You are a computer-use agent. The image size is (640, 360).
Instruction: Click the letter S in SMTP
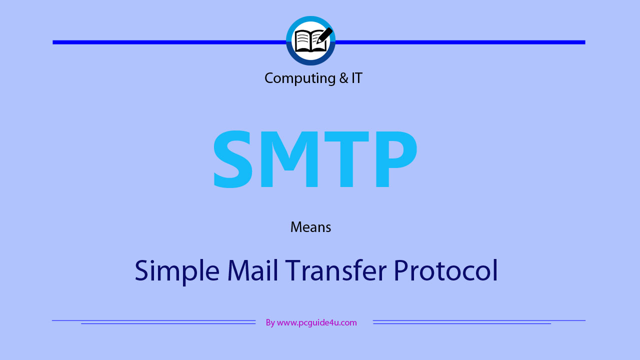[x=233, y=159]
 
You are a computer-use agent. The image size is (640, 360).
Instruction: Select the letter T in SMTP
[x=346, y=159]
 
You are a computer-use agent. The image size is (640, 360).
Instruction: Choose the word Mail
[x=252, y=270]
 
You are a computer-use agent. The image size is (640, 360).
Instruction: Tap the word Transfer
[x=335, y=270]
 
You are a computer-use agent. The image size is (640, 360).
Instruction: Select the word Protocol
[x=445, y=270]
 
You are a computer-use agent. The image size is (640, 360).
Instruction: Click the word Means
[x=310, y=227]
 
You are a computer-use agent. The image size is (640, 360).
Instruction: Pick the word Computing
[x=299, y=78]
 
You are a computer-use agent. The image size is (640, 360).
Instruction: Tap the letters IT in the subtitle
[x=357, y=78]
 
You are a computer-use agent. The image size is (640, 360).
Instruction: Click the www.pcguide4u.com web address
[x=317, y=323]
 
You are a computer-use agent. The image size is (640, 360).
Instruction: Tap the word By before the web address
[x=270, y=323]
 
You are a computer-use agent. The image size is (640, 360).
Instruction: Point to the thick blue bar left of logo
[x=169, y=42]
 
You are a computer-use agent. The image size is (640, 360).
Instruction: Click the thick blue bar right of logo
[x=460, y=42]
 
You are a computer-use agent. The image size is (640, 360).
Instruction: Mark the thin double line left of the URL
[x=153, y=322]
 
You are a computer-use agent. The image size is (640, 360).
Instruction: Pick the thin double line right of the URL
[x=479, y=322]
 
